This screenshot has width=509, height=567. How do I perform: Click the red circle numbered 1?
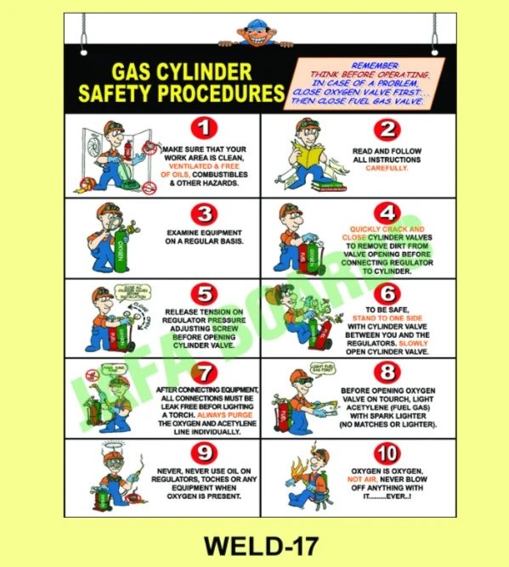204,130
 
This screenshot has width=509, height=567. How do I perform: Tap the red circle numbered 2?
387,130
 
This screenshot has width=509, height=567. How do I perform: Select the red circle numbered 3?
204,212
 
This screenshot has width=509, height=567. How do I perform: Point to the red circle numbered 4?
387,212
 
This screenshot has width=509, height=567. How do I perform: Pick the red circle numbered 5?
204,294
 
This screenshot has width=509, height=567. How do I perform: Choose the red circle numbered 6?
387,293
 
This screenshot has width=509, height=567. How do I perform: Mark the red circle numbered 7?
204,373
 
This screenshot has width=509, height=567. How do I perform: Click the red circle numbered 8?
387,373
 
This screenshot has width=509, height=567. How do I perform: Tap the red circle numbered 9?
204,452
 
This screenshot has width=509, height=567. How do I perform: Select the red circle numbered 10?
387,452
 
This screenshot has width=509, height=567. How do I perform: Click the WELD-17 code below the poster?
254,542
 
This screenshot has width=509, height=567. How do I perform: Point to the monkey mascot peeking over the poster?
254,31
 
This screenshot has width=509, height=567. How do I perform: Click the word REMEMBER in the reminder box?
374,65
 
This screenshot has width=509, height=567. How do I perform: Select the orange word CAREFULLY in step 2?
387,168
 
